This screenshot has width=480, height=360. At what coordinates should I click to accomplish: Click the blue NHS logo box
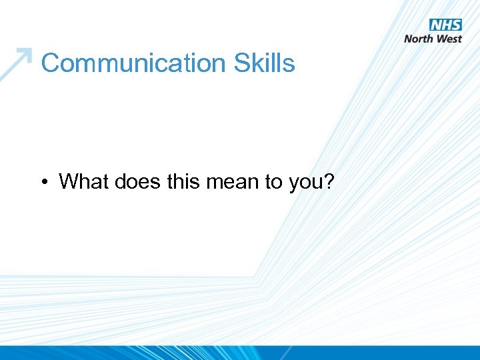[445, 25]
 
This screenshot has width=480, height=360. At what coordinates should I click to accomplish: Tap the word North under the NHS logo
[420, 39]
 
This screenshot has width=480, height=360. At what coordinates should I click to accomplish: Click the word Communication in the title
[133, 63]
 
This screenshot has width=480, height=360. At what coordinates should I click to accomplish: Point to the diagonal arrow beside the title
[16, 64]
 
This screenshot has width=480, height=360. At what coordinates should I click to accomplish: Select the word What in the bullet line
[83, 181]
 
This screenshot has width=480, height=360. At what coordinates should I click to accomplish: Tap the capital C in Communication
[49, 63]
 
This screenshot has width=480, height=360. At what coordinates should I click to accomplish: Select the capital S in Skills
[241, 63]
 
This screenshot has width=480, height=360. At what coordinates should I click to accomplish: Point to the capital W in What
[69, 181]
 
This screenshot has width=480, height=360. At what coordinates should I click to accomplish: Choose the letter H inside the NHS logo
[446, 25]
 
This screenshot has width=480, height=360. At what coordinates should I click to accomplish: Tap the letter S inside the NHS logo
[456, 25]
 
